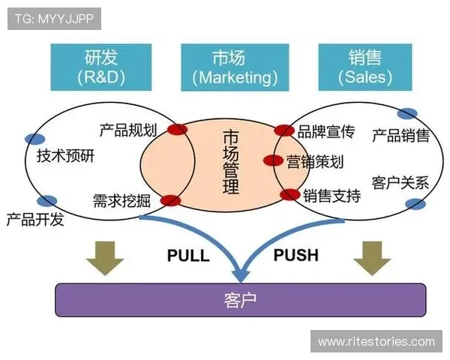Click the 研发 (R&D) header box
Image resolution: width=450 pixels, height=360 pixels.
point(100,66)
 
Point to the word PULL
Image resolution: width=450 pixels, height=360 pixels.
point(187,255)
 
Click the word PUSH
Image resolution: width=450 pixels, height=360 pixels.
point(295,255)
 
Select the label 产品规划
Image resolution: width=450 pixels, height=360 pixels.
point(127,130)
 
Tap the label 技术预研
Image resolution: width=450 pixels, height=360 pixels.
point(66,156)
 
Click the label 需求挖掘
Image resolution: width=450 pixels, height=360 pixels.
point(121,200)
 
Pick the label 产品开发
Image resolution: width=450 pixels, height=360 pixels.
point(35,220)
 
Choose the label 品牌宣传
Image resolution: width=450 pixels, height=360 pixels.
point(325,133)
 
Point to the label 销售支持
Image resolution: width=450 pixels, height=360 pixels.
point(331,196)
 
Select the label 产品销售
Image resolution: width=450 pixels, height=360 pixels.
point(400,135)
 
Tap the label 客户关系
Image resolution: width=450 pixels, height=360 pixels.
point(400,182)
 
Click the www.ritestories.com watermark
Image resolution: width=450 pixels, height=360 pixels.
point(376,341)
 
